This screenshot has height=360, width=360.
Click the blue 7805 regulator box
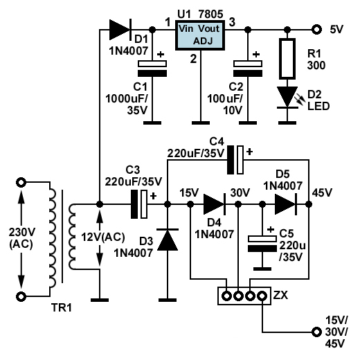tap(200, 35)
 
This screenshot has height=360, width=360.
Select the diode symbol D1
tap(120, 30)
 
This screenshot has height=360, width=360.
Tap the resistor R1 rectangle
tap(287, 59)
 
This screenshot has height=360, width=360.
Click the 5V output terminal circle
tap(316, 30)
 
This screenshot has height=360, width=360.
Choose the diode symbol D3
tap(168, 240)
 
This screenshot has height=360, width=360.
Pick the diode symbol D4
tap(215, 204)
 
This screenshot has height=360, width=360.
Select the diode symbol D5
tap(286, 204)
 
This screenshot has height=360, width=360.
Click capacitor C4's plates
tap(235, 160)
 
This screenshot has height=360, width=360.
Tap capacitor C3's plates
tap(139, 204)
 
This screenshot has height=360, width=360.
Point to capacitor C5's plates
tap(262, 244)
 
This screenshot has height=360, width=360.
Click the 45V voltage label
tap(322, 192)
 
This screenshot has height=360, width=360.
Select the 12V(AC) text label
tap(103, 237)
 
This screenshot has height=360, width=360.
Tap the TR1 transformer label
tap(62, 307)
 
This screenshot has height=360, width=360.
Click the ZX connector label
tap(280, 295)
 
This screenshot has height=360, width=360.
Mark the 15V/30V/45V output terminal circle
tap(316, 332)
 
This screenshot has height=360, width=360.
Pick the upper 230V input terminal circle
tap(21, 182)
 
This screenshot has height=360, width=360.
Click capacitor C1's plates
tap(152, 69)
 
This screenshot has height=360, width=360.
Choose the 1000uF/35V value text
tap(127, 105)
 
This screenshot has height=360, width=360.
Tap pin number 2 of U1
tap(193, 59)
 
